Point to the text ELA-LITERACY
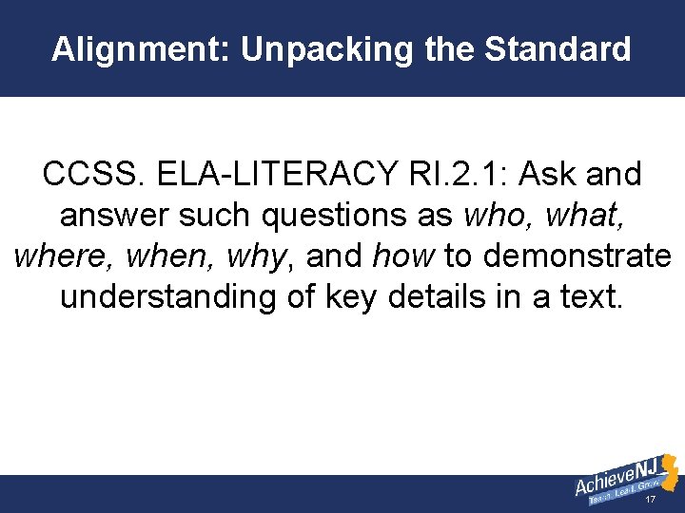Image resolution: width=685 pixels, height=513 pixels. (x=252, y=175)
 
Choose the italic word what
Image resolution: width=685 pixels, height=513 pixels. (x=585, y=216)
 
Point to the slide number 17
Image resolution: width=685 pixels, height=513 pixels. (x=651, y=500)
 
